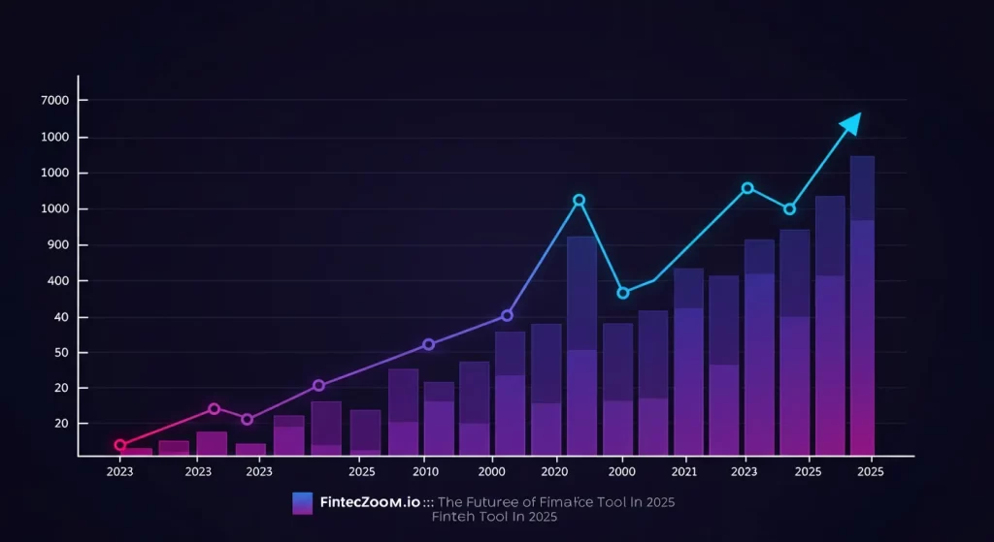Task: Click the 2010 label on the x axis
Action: [x=424, y=471]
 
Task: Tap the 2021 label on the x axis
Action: [x=684, y=471]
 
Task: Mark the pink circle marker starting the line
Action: [x=120, y=445]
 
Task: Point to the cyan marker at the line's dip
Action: [x=623, y=293]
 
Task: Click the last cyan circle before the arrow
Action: [x=789, y=208]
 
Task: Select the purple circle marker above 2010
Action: [x=428, y=344]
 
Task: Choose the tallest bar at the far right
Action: [x=862, y=305]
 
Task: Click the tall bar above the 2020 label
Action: [x=581, y=345]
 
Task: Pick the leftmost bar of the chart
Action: [x=136, y=451]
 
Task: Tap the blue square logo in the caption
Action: [x=302, y=502]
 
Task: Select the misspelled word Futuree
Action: [x=495, y=502]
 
